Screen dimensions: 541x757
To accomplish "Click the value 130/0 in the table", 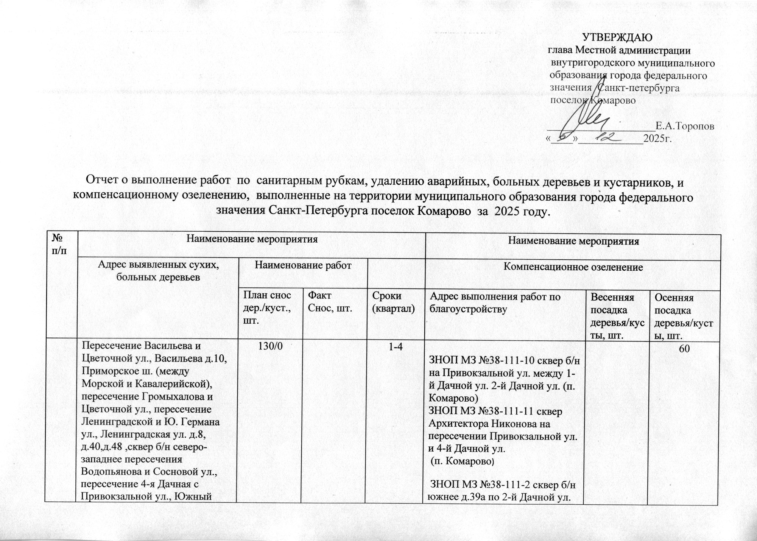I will (x=269, y=347).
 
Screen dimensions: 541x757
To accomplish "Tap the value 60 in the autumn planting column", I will (x=684, y=350).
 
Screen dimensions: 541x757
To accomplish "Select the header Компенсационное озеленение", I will (x=573, y=267).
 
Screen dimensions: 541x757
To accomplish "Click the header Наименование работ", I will (x=303, y=265).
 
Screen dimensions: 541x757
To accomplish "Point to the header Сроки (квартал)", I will (x=393, y=302).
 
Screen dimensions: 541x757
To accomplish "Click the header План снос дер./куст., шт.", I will (x=267, y=308).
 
